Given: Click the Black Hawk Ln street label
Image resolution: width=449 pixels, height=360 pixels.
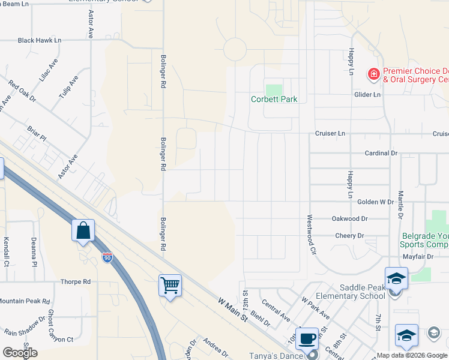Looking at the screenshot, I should pos(40,41).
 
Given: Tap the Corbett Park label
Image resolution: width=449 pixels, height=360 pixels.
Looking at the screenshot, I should pos(274,100).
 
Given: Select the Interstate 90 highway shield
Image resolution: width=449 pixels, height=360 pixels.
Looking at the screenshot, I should pos(107,258).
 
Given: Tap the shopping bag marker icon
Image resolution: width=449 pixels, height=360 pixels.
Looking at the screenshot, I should pos(83,230).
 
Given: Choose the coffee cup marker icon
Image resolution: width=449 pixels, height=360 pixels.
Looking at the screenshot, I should pos(308,338).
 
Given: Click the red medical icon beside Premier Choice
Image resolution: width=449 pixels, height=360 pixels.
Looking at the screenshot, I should pos(374,74).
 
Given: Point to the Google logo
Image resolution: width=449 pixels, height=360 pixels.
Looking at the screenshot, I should pos(20,353).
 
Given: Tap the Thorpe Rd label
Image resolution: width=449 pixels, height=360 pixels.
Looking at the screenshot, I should pos(75,281).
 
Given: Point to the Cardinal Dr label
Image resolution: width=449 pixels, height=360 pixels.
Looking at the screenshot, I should pos(381,153).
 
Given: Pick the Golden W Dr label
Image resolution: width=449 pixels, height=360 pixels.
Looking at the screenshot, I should pos(375,203).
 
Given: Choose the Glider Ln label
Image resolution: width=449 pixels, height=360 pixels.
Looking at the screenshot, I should pos(368,95).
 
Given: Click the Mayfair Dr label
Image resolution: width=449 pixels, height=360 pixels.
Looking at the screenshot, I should pos(418,256).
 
